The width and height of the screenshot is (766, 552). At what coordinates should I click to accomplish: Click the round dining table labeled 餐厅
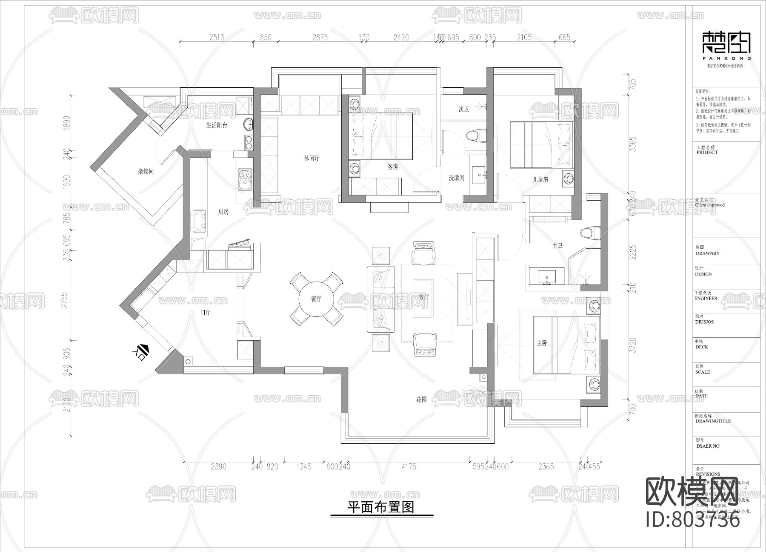[x=316, y=299]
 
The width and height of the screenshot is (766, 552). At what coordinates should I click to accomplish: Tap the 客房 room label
[x=392, y=167]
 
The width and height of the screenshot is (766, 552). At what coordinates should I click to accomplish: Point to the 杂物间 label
[x=146, y=172]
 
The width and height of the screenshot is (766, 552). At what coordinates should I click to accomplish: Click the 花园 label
[x=421, y=400]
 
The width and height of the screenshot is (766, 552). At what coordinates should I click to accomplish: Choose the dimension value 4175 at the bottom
[x=409, y=466]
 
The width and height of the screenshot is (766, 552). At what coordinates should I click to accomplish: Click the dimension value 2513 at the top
[x=217, y=37]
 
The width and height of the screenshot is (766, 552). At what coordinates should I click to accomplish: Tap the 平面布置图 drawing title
[x=381, y=507]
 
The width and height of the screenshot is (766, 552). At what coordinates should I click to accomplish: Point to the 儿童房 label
[x=540, y=180]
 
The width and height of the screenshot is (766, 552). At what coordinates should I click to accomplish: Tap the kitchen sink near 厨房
[x=245, y=179]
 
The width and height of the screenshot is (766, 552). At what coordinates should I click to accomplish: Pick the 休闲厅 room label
[x=312, y=158]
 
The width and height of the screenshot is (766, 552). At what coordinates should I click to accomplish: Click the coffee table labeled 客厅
[x=423, y=298]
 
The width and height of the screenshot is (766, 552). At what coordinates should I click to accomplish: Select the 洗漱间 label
[x=456, y=178]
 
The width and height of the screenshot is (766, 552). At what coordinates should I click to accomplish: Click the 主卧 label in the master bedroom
[x=542, y=343]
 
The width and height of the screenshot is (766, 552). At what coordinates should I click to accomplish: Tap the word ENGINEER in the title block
[x=706, y=299]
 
